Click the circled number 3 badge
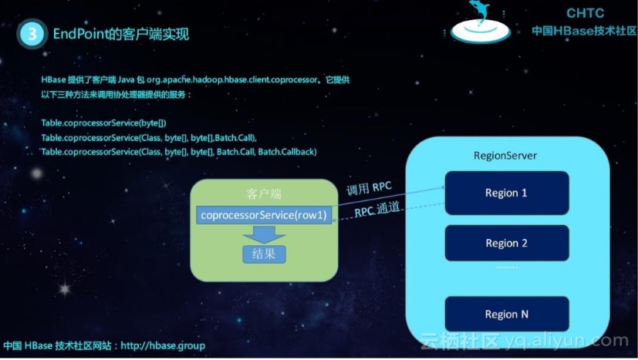32,34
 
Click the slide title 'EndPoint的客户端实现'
120,34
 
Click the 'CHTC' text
585,13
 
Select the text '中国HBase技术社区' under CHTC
584,31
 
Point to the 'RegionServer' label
505,156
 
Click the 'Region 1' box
506,193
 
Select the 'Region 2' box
506,243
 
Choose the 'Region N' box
506,314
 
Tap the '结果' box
264,253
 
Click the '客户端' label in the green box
264,193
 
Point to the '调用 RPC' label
370,187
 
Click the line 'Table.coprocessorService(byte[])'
103,123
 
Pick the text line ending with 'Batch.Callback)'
178,152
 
